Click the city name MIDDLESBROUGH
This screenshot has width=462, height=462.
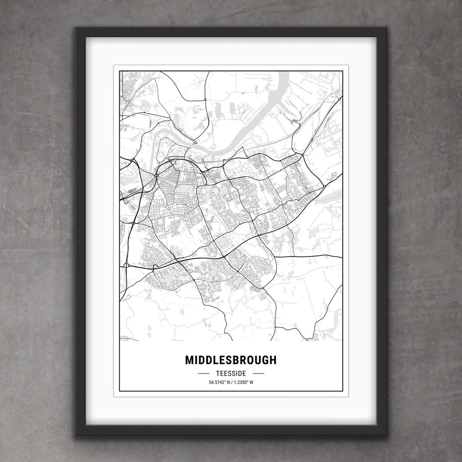point(231,360)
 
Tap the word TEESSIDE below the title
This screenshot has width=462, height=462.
point(231,373)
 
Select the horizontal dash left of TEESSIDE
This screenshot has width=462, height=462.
point(203,373)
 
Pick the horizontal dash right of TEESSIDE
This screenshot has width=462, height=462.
point(258,373)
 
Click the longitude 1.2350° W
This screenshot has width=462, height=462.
point(244,382)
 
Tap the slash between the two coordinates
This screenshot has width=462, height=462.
point(231,382)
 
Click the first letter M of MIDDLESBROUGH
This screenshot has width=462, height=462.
point(189,360)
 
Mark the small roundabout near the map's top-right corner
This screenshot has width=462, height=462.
point(339,98)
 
